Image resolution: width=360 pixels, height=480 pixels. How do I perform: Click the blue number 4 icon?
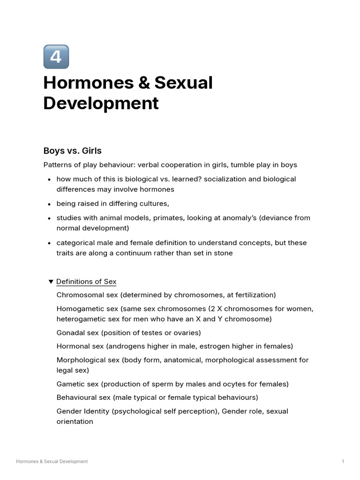click(56, 57)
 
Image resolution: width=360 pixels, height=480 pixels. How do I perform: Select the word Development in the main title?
click(101, 103)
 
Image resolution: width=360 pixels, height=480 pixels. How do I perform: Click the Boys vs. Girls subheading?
click(73, 151)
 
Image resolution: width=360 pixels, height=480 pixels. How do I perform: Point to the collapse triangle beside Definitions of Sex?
click(51, 282)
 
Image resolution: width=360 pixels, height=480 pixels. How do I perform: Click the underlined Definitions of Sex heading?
click(86, 282)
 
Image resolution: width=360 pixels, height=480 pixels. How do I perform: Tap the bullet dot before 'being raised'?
click(50, 204)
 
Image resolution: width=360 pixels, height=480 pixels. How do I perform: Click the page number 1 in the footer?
click(343, 462)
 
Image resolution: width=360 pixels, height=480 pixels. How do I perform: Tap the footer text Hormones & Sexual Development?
click(52, 462)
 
